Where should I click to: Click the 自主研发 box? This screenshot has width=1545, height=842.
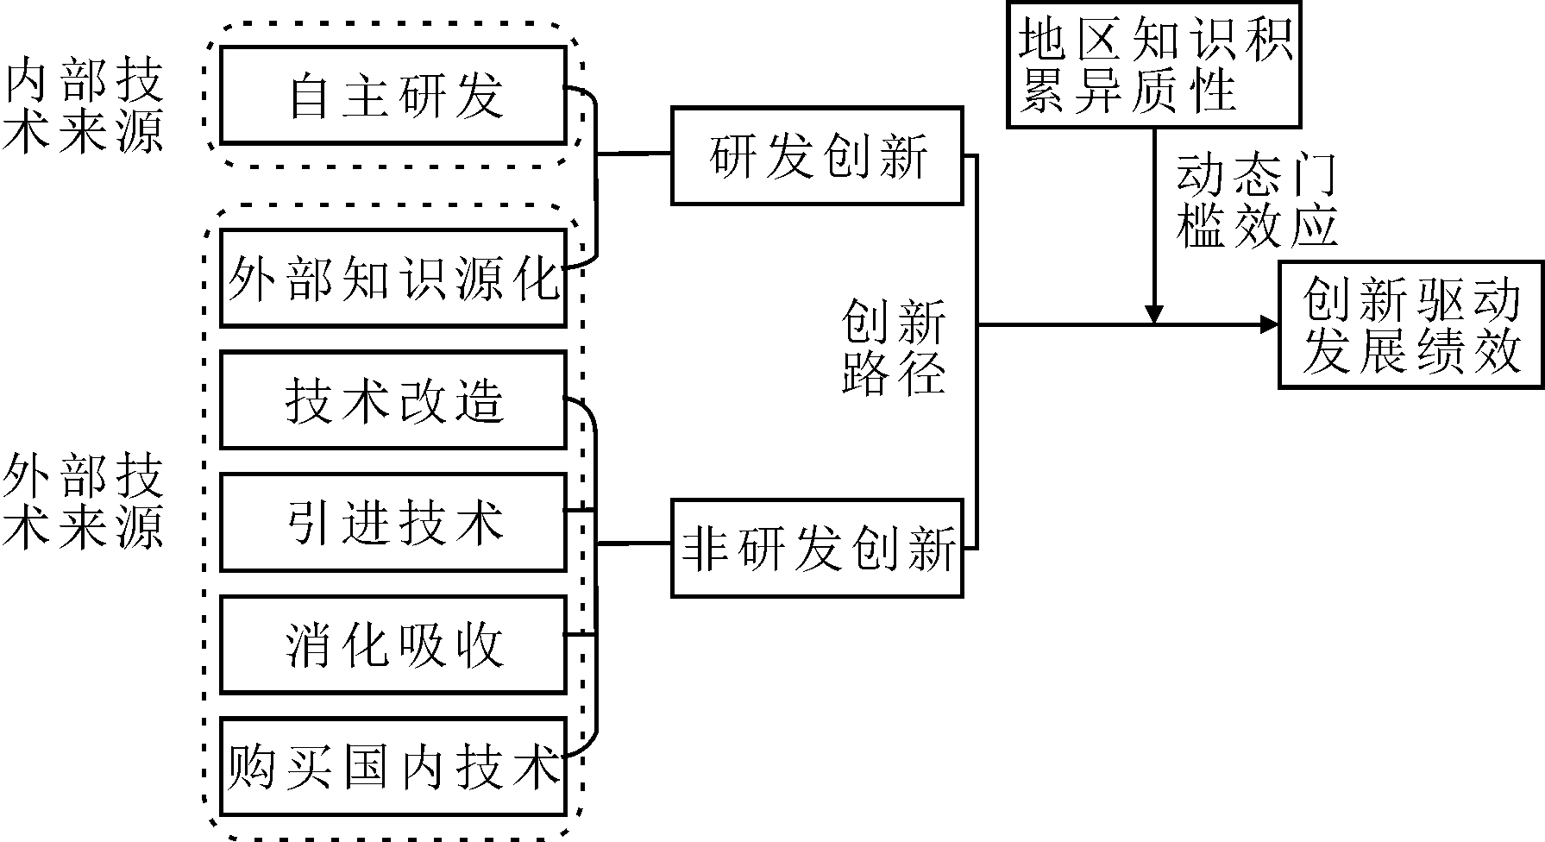coord(393,95)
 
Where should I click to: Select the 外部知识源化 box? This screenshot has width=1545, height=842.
coord(393,278)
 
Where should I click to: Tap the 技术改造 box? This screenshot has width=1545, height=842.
coord(393,400)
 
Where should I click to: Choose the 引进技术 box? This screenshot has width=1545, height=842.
coord(393,522)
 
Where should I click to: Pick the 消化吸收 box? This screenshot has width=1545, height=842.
coord(393,644)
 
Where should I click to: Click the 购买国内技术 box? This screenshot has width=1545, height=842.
coord(393,766)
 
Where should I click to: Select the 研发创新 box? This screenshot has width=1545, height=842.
coord(817,155)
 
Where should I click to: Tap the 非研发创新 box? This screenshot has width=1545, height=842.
coord(817,547)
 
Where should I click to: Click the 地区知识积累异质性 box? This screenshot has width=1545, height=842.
coord(1154,65)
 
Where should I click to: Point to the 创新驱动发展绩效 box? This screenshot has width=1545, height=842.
coord(1410,325)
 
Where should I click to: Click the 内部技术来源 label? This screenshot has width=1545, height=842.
coord(84,108)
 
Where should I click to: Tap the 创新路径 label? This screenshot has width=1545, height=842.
coord(893,347)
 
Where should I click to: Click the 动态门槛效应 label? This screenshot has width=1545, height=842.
coord(1255,200)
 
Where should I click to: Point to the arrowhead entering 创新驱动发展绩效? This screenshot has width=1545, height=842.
coord(1270,325)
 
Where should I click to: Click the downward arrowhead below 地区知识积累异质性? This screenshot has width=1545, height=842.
coord(1153,315)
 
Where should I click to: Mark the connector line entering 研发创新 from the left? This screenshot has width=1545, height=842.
coord(634,154)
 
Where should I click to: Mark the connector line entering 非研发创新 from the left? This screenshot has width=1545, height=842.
coord(634,544)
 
